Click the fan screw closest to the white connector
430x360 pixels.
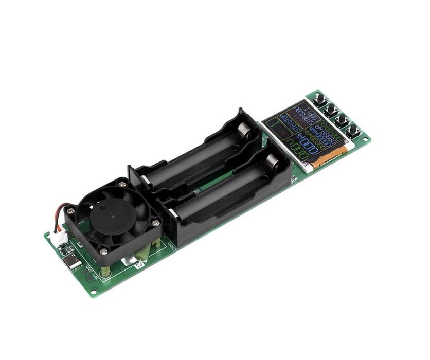(x=71, y=211)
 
